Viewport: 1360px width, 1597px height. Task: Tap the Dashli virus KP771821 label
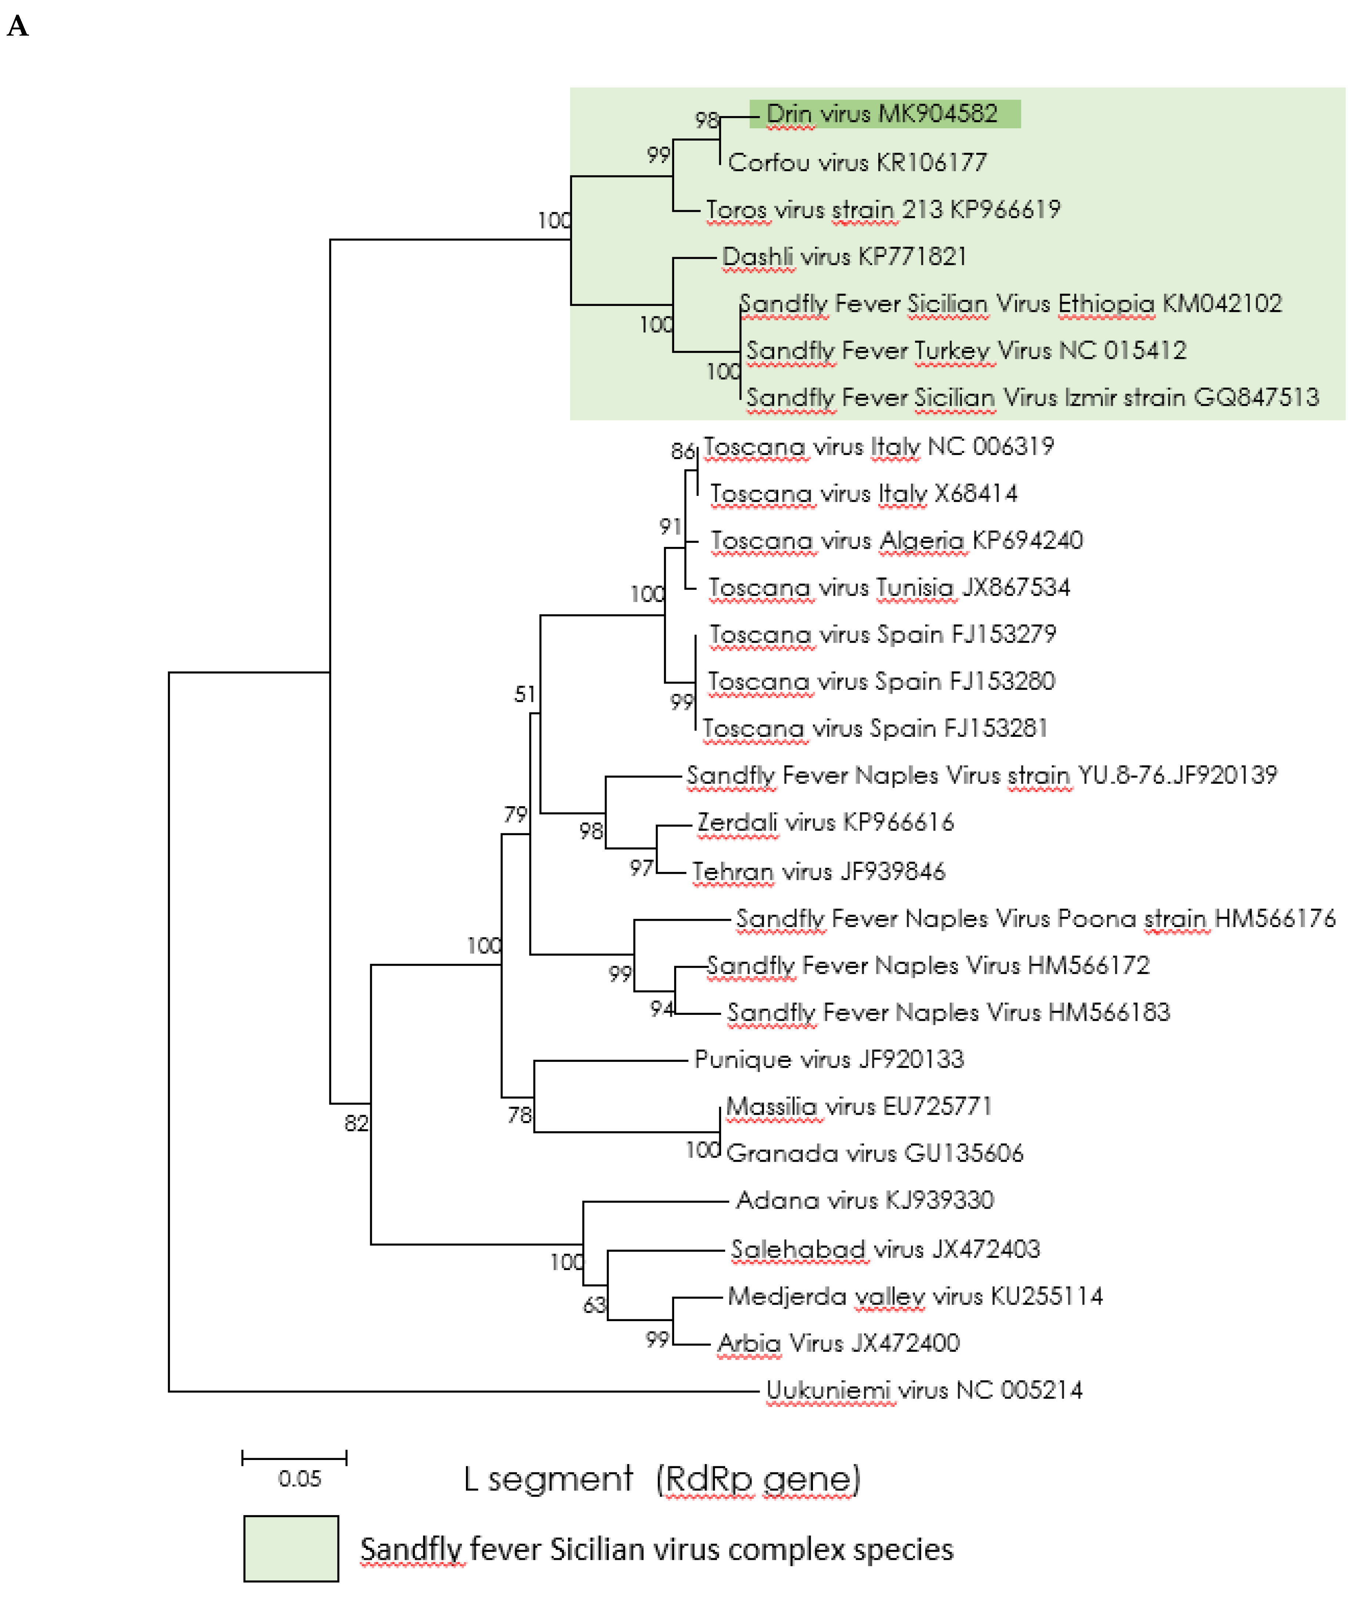click(x=844, y=257)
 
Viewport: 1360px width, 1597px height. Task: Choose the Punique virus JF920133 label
click(x=828, y=1060)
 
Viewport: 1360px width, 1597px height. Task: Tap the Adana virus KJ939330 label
click(x=865, y=1200)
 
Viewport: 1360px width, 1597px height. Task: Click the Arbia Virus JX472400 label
click(x=838, y=1344)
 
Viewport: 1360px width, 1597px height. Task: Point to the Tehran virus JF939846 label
click(x=818, y=872)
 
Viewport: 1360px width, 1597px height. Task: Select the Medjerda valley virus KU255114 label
click(x=915, y=1297)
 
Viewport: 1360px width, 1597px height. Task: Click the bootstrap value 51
click(x=525, y=695)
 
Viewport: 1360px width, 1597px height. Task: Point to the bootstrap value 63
click(x=594, y=1305)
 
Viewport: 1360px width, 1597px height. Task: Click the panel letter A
click(x=18, y=27)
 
